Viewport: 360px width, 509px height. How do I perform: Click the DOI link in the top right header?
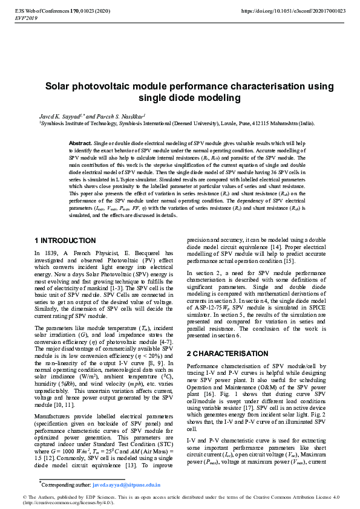[293, 11]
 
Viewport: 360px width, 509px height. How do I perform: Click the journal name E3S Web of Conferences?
[36, 11]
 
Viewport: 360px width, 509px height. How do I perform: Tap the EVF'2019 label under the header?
[27, 19]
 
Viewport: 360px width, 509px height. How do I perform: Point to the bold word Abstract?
[81, 143]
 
